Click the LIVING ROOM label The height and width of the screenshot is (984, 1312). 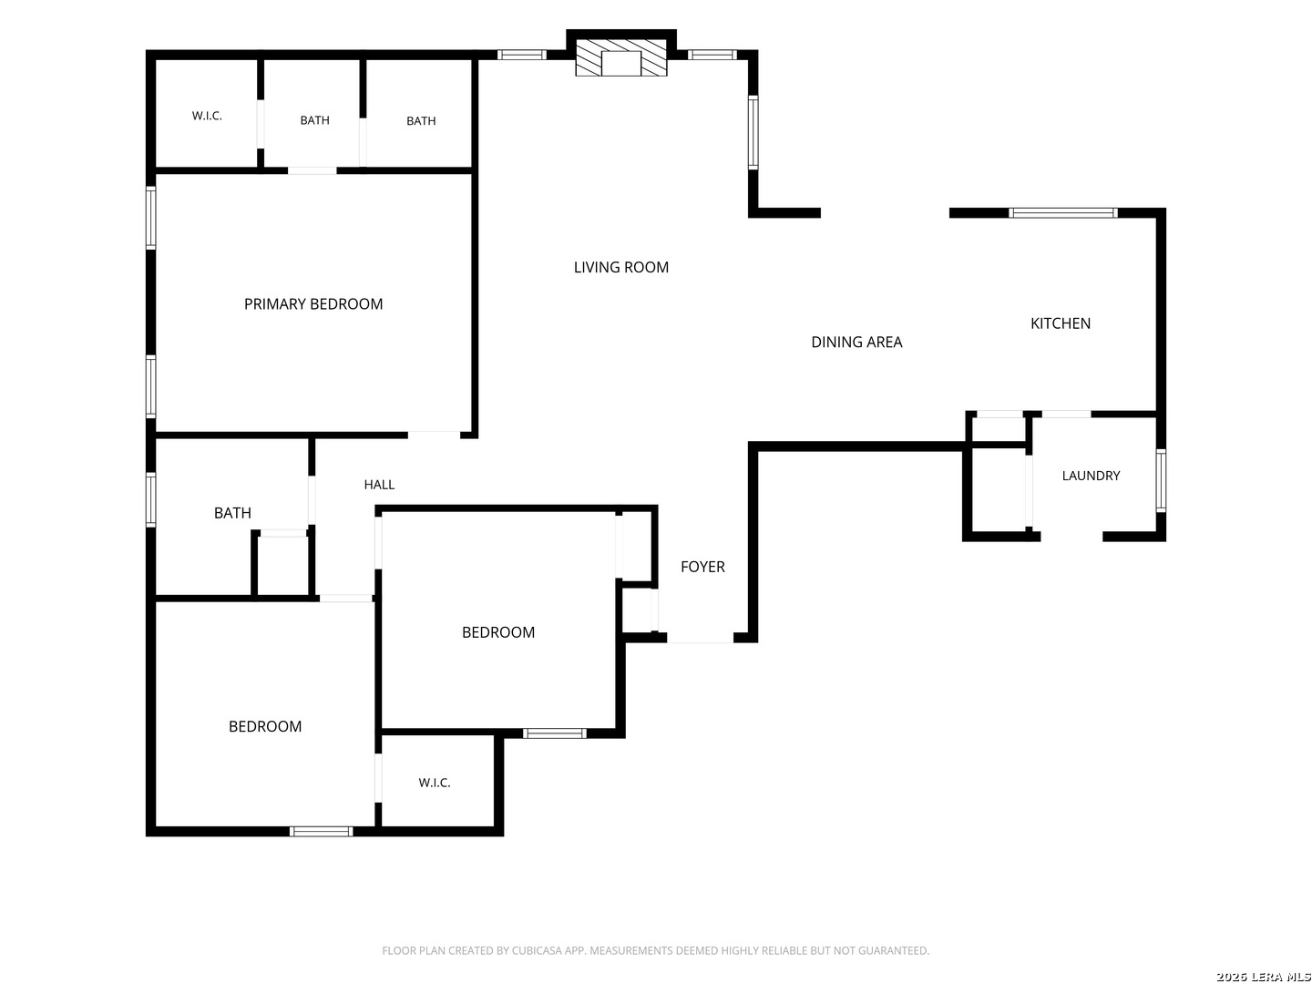[x=620, y=267]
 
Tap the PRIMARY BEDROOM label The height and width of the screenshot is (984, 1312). [x=313, y=304]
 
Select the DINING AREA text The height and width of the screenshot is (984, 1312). [x=856, y=342]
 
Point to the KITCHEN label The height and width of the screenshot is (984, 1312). [x=1060, y=323]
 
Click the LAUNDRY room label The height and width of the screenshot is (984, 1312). [x=1091, y=476]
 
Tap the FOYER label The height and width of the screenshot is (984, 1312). [x=702, y=567]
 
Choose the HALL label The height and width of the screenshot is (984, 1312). [x=379, y=485]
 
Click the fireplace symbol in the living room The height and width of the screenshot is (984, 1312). [x=621, y=58]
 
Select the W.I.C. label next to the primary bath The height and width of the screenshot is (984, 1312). [x=207, y=116]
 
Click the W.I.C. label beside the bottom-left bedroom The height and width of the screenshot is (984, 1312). [x=434, y=783]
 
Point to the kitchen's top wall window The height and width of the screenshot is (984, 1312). [x=1062, y=212]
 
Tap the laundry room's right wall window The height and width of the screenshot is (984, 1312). [x=1160, y=480]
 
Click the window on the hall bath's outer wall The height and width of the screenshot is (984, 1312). [x=151, y=499]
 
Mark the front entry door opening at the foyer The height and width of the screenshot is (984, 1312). [x=700, y=638]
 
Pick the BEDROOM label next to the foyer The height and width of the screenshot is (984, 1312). [x=497, y=632]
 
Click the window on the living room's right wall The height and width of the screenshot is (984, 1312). [x=753, y=132]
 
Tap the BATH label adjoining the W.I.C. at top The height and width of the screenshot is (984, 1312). [x=314, y=120]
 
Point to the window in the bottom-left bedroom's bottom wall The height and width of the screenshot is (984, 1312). [x=321, y=832]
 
